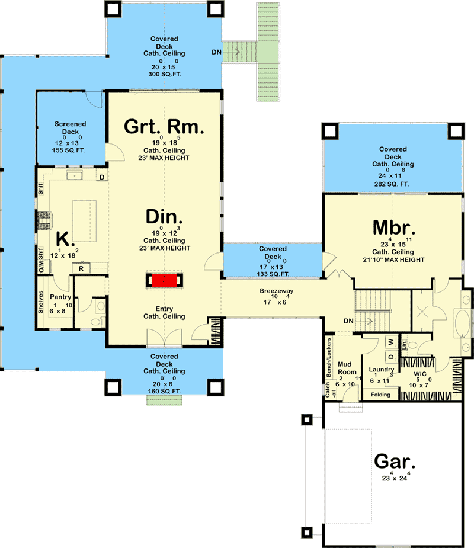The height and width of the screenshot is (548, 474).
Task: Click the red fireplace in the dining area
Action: click(x=164, y=280)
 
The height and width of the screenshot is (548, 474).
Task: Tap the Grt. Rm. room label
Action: click(x=164, y=127)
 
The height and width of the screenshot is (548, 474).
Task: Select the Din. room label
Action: click(x=164, y=217)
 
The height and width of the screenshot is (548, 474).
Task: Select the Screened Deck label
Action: click(x=71, y=128)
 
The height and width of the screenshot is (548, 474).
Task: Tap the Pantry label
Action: click(x=60, y=296)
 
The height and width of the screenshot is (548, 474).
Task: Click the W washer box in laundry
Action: click(x=390, y=342)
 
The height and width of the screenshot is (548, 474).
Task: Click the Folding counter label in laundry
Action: click(x=379, y=395)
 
